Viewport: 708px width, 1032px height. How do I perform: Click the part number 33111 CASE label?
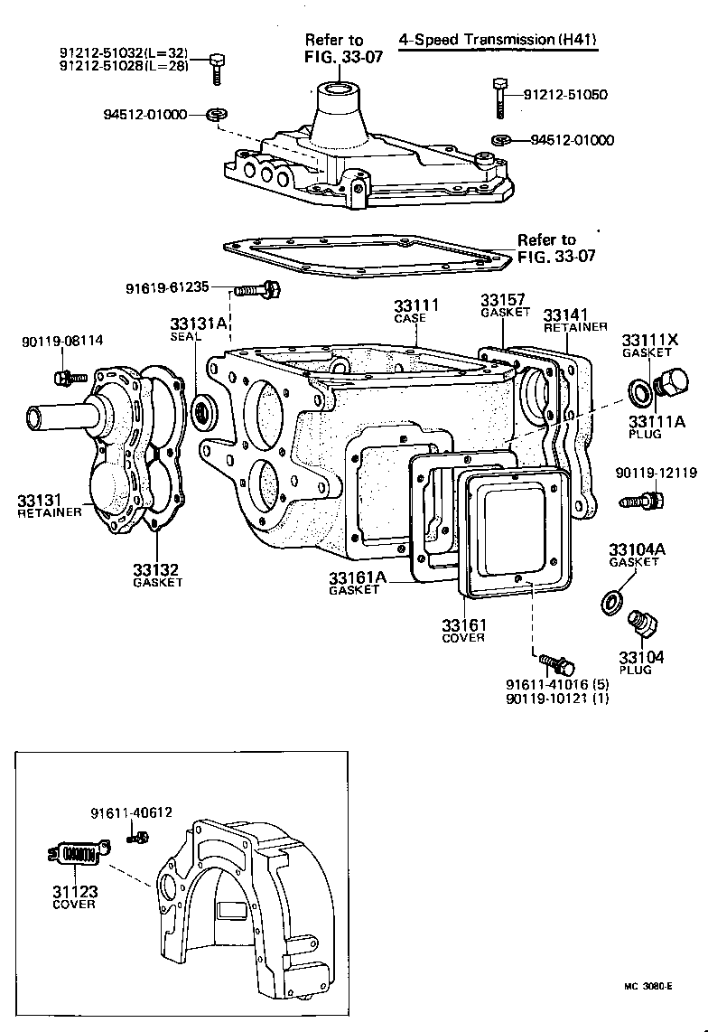[416, 310]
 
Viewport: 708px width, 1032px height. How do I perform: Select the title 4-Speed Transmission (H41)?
[498, 40]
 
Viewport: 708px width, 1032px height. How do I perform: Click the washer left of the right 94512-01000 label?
[500, 140]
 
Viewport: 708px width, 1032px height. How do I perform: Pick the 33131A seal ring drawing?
[206, 412]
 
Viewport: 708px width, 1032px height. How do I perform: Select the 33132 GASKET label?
[156, 575]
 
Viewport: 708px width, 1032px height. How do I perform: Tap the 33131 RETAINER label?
[50, 505]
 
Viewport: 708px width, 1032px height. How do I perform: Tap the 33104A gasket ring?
[612, 600]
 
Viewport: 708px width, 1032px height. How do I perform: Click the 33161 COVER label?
[463, 630]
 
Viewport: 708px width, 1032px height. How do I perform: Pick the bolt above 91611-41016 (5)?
[554, 663]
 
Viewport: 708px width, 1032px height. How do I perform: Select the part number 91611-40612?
[131, 812]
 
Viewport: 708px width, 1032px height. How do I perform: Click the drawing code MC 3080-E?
[647, 987]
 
